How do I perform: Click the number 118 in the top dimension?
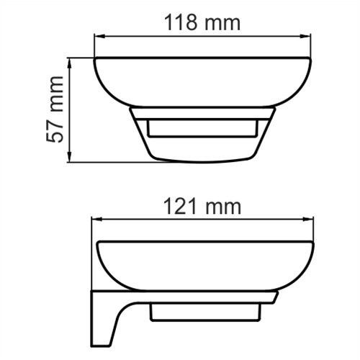pos(179,22)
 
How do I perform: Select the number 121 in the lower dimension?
pos(181,207)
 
